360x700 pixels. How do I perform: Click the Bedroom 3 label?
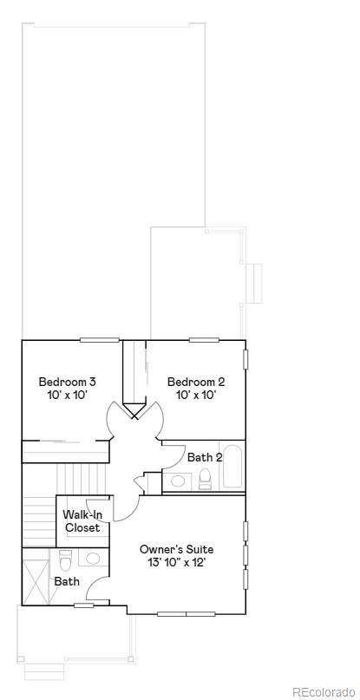coord(67,381)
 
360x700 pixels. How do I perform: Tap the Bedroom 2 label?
coord(196,381)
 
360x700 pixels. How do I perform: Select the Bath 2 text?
coord(205,457)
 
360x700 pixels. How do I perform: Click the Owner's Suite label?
coord(176,549)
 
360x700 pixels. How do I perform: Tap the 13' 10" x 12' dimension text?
coord(176,562)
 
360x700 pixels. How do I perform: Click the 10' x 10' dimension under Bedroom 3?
coord(67,395)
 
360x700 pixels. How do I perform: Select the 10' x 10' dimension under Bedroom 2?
coord(196,395)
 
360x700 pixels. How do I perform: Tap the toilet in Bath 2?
coord(206,478)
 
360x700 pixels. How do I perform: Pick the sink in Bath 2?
coord(179,480)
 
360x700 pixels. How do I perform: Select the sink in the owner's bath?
coord(93,558)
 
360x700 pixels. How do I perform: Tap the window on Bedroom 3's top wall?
coord(99,339)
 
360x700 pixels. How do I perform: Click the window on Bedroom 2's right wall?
coord(245,358)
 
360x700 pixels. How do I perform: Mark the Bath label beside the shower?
coord(67,581)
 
